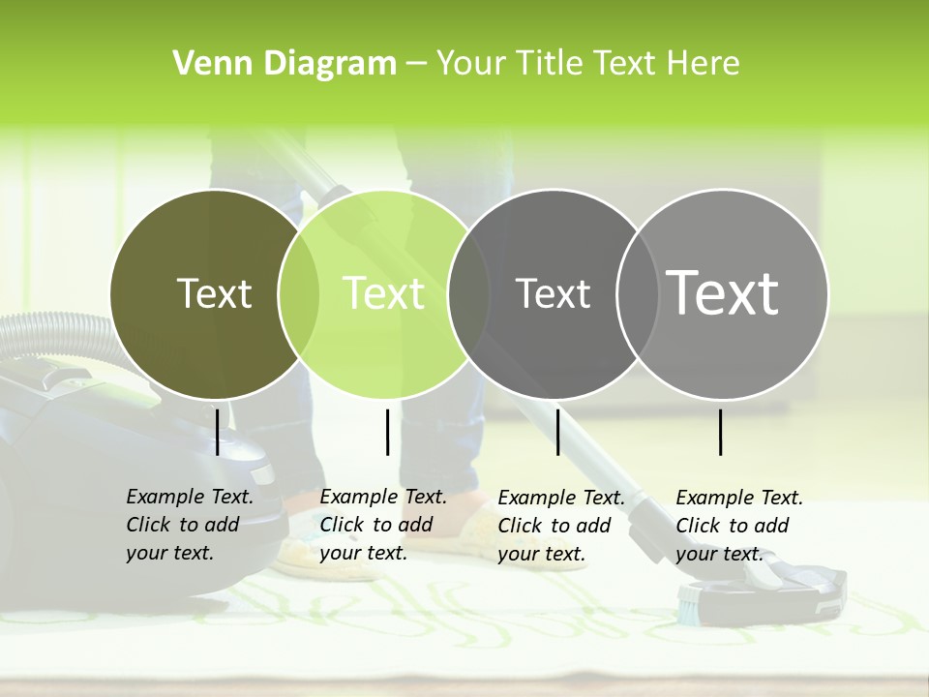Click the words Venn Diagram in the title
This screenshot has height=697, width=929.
285,64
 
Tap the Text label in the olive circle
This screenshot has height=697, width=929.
214,293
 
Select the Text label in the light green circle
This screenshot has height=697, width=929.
383,293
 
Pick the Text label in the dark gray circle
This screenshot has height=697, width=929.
553,293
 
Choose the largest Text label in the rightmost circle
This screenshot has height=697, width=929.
723,292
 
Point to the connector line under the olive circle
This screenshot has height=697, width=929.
217,432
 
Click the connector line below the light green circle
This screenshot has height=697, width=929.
387,432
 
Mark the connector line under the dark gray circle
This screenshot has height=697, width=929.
557,432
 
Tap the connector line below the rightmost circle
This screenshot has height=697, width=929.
720,432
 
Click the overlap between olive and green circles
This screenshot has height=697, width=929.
299,293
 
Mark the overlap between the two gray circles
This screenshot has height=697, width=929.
638,293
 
